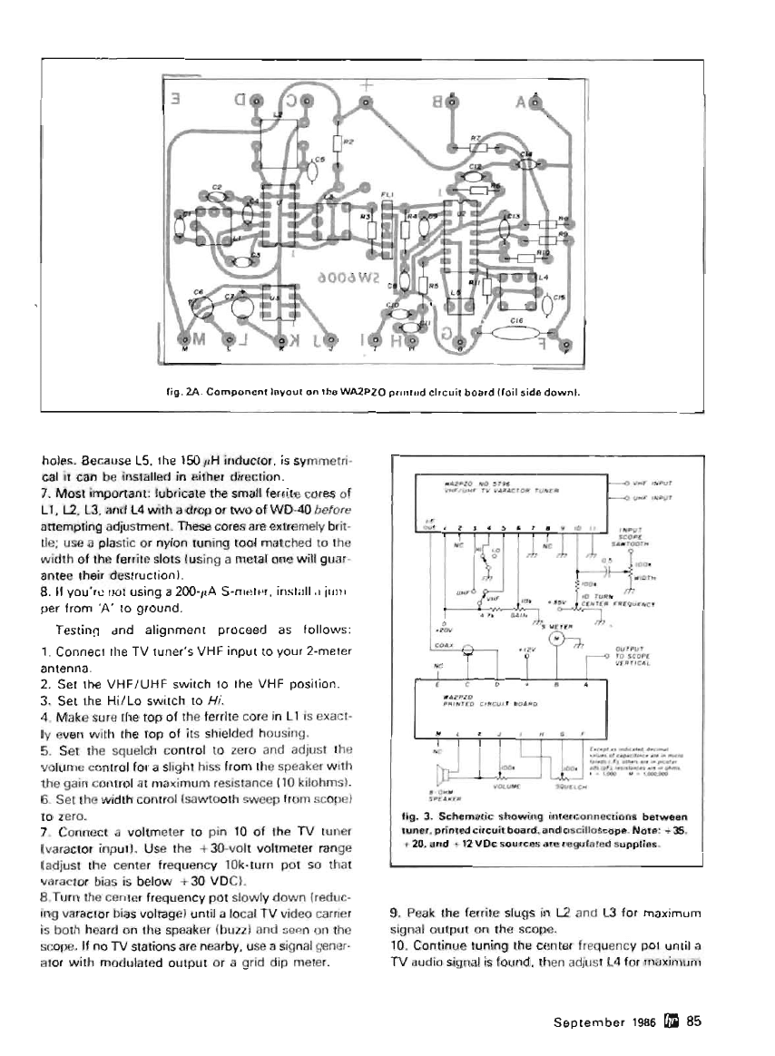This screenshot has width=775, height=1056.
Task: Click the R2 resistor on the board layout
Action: [338, 142]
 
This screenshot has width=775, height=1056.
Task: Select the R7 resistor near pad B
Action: [477, 147]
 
